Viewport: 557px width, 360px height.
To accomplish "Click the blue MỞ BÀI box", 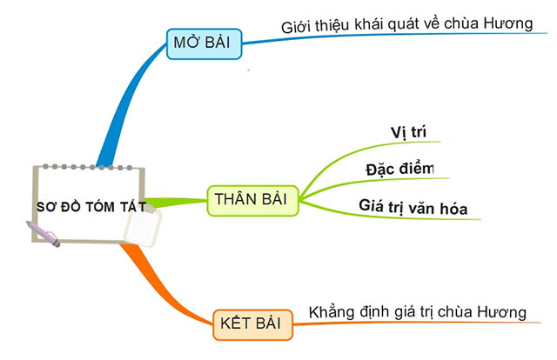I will (204, 43).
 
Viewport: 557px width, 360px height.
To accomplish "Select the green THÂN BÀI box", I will (252, 199).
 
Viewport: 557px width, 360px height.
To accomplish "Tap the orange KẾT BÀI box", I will (252, 323).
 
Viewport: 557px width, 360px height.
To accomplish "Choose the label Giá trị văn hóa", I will (413, 207).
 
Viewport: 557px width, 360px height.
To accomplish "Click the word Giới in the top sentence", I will (296, 26).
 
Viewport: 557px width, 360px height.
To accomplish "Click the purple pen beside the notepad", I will (44, 234).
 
